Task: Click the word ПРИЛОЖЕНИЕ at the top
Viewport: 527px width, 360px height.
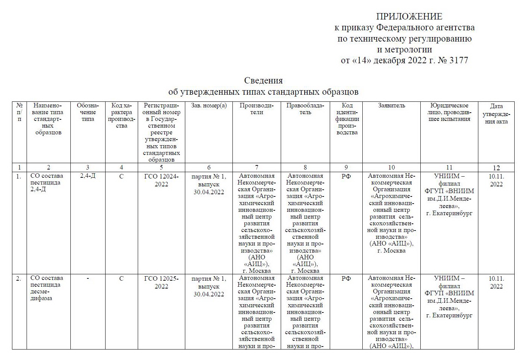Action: point(409,16)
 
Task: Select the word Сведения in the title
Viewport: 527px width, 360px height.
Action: point(263,80)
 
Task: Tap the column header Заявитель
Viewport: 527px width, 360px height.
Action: point(391,106)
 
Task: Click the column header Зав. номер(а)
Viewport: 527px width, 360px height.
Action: point(208,106)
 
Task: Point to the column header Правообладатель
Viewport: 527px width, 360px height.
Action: point(305,109)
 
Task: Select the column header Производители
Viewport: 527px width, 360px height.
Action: point(256,109)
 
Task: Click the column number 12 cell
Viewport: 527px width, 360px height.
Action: point(496,168)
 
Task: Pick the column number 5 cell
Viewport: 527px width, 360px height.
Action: point(161,167)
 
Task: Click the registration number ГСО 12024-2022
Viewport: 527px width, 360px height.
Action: point(161,180)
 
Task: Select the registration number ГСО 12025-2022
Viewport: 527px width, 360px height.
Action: point(161,282)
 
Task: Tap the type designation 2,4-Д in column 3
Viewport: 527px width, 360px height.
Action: point(88,176)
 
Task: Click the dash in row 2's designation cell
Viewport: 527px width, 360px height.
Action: point(88,278)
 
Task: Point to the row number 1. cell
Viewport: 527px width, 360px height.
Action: point(19,176)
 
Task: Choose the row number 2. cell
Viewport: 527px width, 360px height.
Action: point(19,278)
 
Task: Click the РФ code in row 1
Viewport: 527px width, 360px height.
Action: point(346,176)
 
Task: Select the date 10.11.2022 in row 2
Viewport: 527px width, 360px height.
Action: point(496,282)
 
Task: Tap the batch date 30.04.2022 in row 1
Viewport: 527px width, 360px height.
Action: point(208,192)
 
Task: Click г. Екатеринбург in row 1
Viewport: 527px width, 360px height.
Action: point(449,213)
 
